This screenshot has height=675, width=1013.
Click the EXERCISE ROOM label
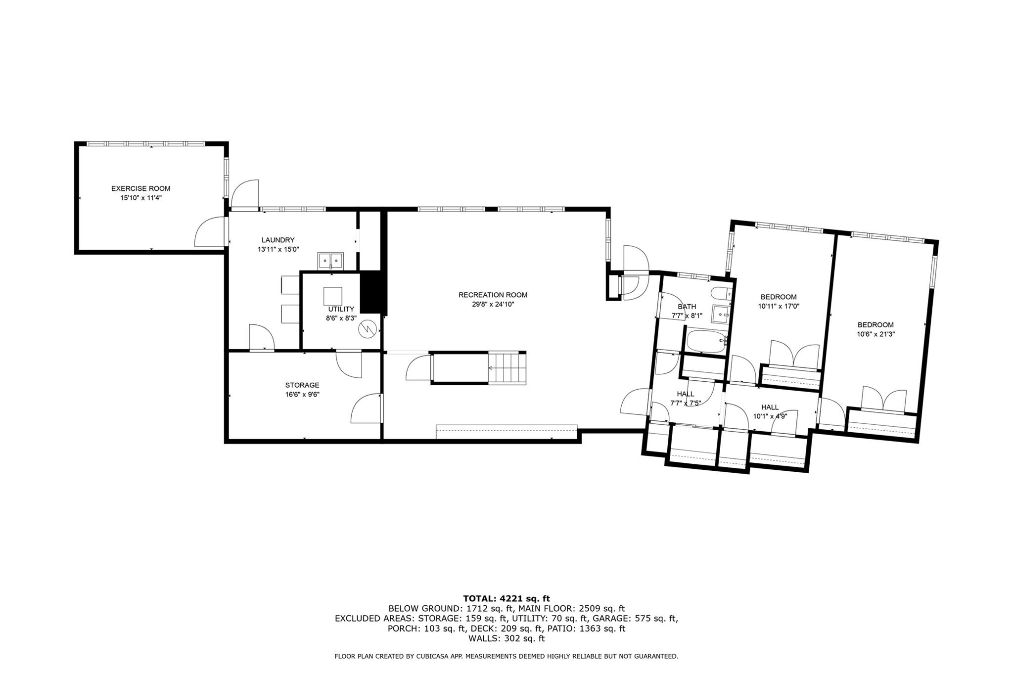(140, 188)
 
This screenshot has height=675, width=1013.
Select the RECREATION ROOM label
(493, 295)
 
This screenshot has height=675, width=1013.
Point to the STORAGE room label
(302, 385)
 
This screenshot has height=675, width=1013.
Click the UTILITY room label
(341, 309)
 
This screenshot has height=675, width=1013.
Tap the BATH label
(687, 307)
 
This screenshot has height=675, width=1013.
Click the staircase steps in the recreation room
(507, 368)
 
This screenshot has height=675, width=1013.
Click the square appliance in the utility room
(333, 296)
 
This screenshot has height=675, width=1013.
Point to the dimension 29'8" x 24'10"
(493, 305)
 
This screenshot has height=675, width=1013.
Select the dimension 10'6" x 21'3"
(875, 334)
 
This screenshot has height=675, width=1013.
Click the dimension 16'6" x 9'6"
(302, 395)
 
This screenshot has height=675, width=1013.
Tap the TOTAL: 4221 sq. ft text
(506, 599)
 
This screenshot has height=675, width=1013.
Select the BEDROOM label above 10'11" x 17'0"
(779, 297)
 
